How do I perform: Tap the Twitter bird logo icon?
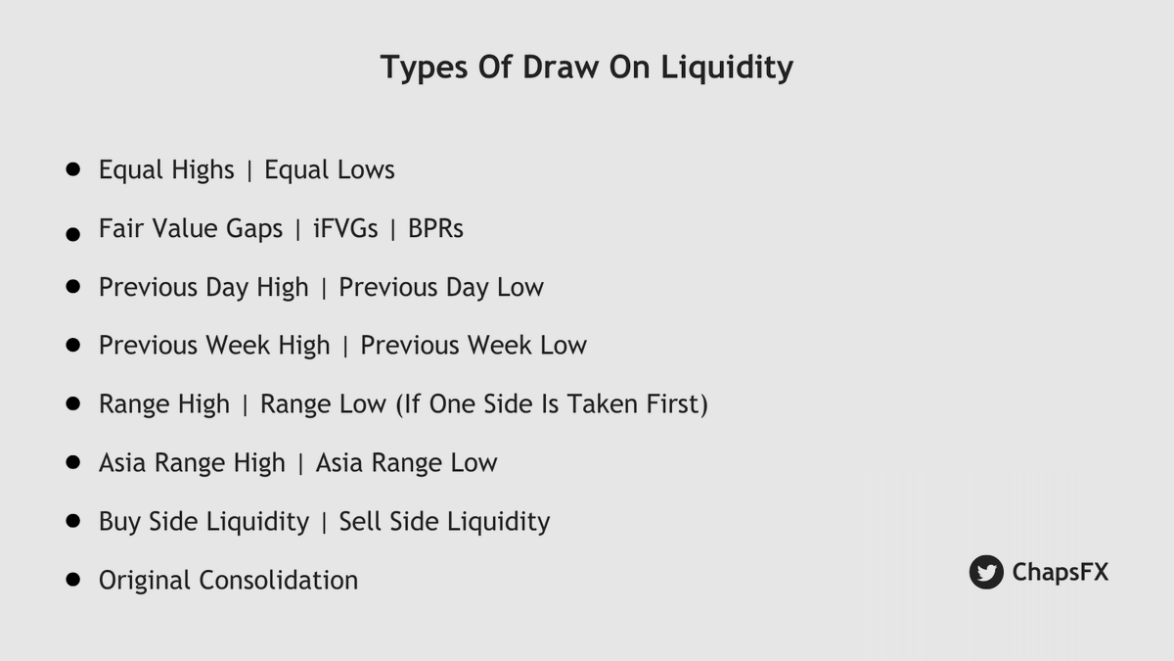click(x=986, y=572)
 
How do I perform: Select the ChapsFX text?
click(x=1061, y=572)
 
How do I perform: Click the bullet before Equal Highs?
click(x=72, y=169)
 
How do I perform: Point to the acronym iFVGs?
click(x=345, y=228)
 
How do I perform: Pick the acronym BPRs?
click(x=435, y=228)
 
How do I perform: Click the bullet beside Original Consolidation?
click(x=72, y=580)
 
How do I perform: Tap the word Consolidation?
click(x=278, y=580)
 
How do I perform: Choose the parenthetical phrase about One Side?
click(x=551, y=403)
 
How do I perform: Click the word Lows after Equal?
click(x=364, y=169)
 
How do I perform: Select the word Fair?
click(x=120, y=228)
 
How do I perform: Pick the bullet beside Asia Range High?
click(x=72, y=462)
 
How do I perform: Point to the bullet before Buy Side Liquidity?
click(x=72, y=521)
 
